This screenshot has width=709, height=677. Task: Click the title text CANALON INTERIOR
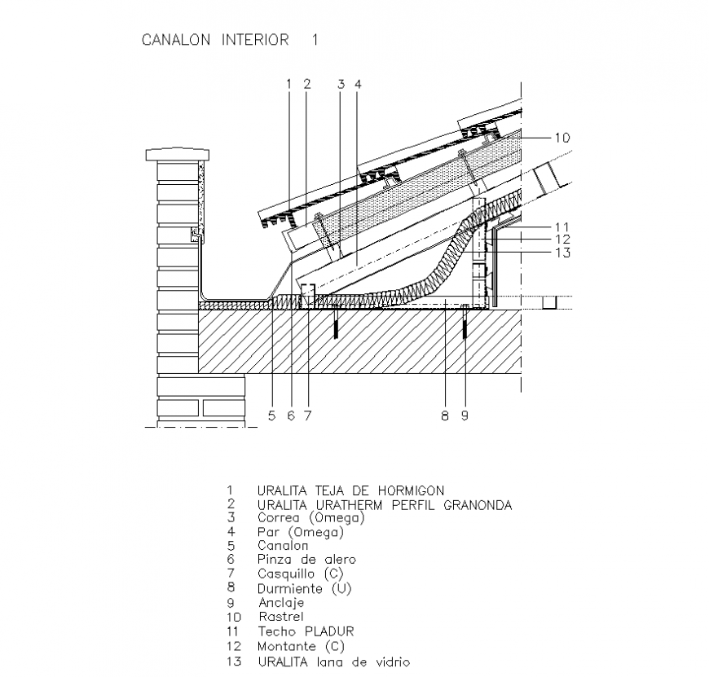point(215,39)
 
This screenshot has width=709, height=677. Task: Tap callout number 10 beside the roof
point(561,138)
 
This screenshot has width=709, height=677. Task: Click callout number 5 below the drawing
point(272,415)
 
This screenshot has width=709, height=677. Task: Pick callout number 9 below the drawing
point(464,415)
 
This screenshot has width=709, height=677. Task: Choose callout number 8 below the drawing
point(445,415)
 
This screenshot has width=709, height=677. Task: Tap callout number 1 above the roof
point(288,83)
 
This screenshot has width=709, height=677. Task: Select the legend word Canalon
point(283,545)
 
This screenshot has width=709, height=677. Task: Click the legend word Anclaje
point(281,602)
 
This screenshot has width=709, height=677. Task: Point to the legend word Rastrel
point(280,617)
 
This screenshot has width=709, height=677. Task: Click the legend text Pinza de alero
point(306,560)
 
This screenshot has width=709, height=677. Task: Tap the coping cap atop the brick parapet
point(177,154)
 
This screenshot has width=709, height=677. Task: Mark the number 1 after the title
point(314,39)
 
